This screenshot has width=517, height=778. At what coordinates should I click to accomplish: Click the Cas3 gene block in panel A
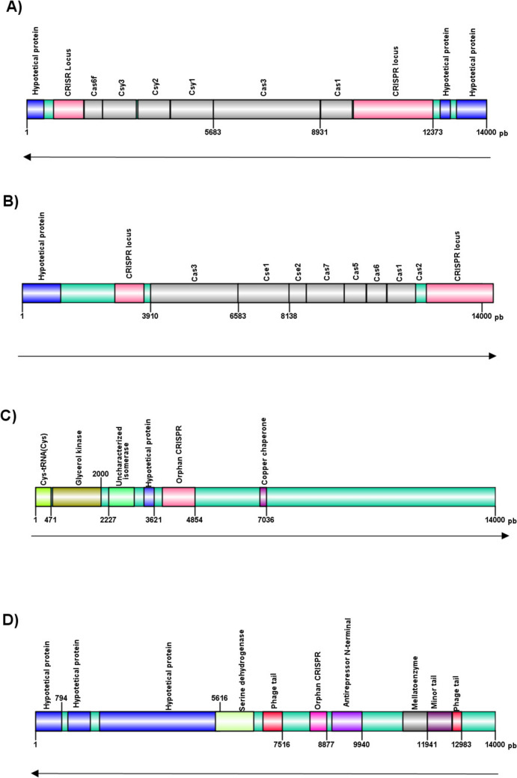coord(267,109)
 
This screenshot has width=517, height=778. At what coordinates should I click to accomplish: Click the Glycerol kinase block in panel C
coord(76,497)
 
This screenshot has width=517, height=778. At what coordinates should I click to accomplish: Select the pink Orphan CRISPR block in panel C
coord(179,497)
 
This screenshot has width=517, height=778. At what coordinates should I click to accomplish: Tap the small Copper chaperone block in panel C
coord(263,497)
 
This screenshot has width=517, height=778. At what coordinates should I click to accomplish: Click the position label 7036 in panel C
coord(263,520)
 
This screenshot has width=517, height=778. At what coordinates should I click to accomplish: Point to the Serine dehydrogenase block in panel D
coord(235,721)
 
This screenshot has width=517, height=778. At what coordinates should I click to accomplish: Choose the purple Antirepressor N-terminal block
coord(347,721)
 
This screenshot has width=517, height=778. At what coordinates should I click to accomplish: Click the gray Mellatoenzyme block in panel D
coord(414,721)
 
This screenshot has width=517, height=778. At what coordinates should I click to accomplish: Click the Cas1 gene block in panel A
coord(337,109)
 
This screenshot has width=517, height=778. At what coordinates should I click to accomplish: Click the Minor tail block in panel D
coord(439,721)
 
